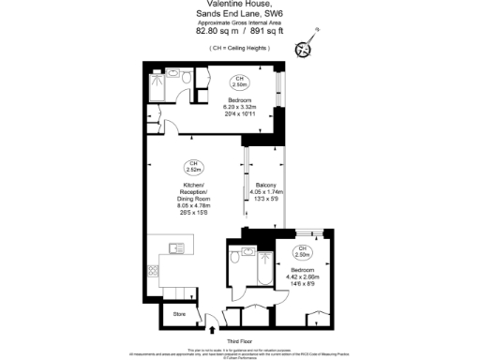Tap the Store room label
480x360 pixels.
point(180,313)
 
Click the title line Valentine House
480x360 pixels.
point(239,7)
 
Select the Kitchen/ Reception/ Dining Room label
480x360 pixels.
point(192,200)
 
